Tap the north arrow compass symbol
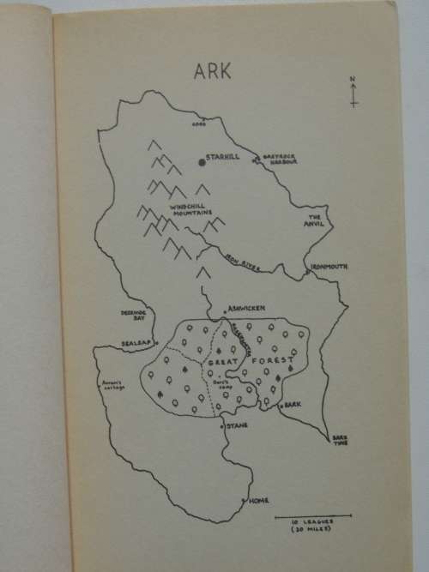(x=353, y=92)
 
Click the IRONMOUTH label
(x=329, y=267)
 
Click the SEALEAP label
(x=131, y=341)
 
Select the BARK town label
(x=295, y=403)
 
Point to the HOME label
(x=260, y=500)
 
